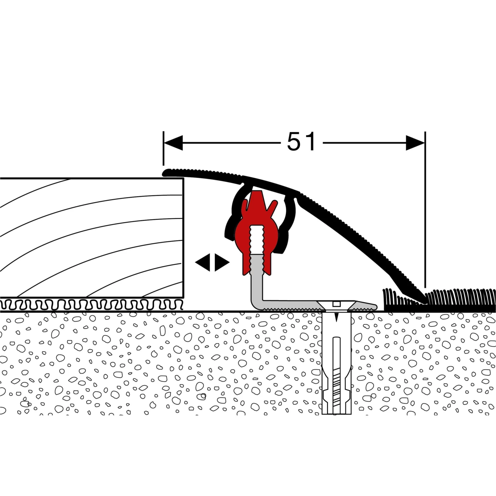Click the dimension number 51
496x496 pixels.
[301, 142]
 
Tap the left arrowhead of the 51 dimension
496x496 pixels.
[173, 143]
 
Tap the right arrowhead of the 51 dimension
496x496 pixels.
[415, 143]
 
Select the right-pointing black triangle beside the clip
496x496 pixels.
[222, 263]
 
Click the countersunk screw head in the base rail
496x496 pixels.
[337, 306]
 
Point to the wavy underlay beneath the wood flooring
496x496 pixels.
[92, 304]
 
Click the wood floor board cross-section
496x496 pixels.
[92, 238]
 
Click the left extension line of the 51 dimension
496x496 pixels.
[163, 148]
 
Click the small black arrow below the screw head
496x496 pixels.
[337, 317]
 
